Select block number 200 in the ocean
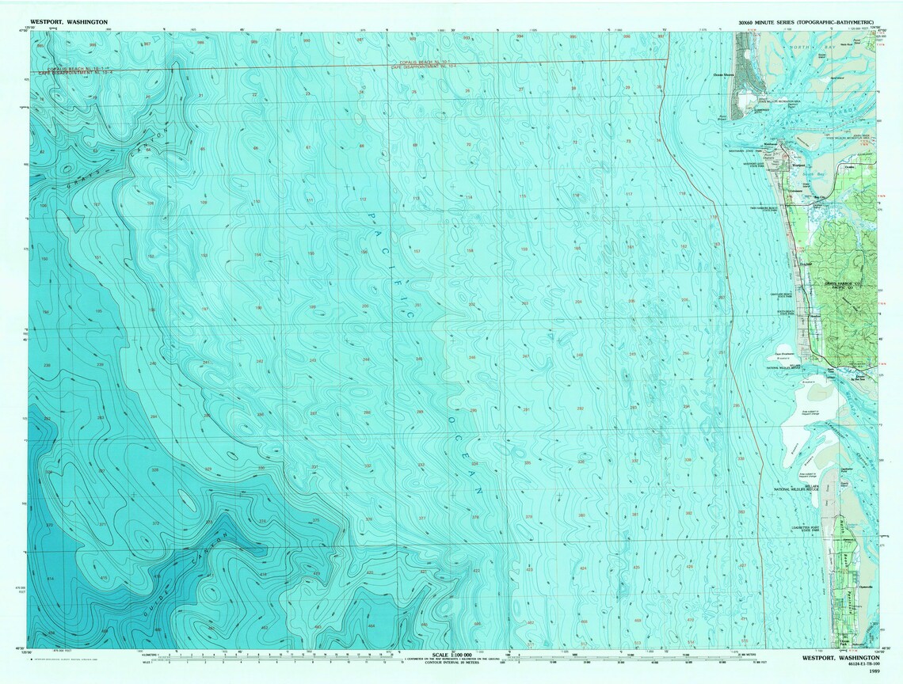365,306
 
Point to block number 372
155,524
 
